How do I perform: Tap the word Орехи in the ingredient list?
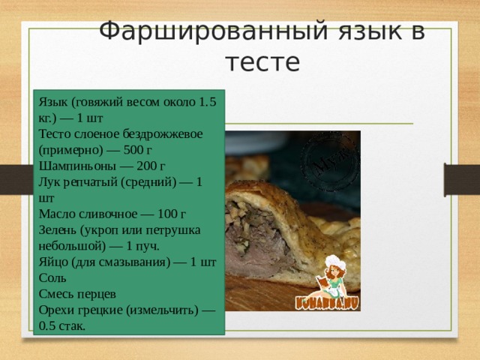point(58,310)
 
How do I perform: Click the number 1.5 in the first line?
point(208,100)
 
